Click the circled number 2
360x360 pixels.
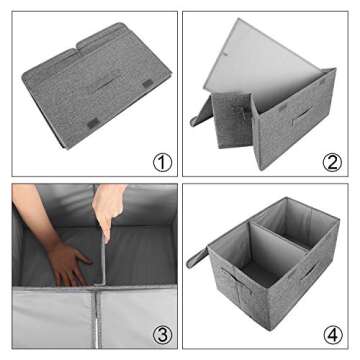[x=331, y=160]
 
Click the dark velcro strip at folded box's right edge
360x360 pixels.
[x=149, y=82]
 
